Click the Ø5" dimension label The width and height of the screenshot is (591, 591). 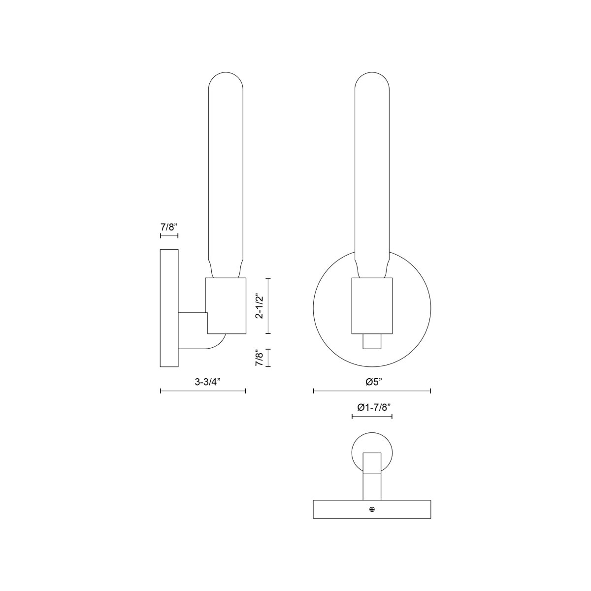tap(372, 381)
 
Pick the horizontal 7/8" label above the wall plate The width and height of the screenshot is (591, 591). tap(169, 227)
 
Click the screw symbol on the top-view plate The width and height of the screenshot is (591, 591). tap(372, 509)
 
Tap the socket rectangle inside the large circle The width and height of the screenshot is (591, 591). tap(372, 305)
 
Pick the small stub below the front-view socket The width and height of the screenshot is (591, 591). tap(372, 341)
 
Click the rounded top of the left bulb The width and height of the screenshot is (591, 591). tap(227, 79)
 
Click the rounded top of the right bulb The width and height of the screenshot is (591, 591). tap(372, 79)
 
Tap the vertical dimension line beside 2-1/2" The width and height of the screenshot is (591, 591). tap(268, 306)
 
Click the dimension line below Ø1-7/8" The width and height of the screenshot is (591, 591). tap(372, 417)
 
